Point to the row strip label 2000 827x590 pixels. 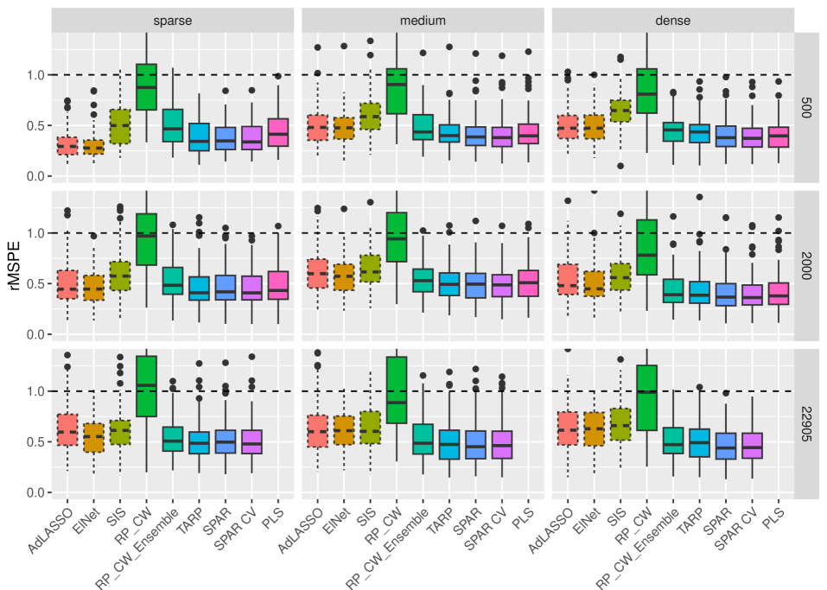click(805, 264)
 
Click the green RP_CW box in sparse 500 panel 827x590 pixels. click(147, 86)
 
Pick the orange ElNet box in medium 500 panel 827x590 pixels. click(344, 128)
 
